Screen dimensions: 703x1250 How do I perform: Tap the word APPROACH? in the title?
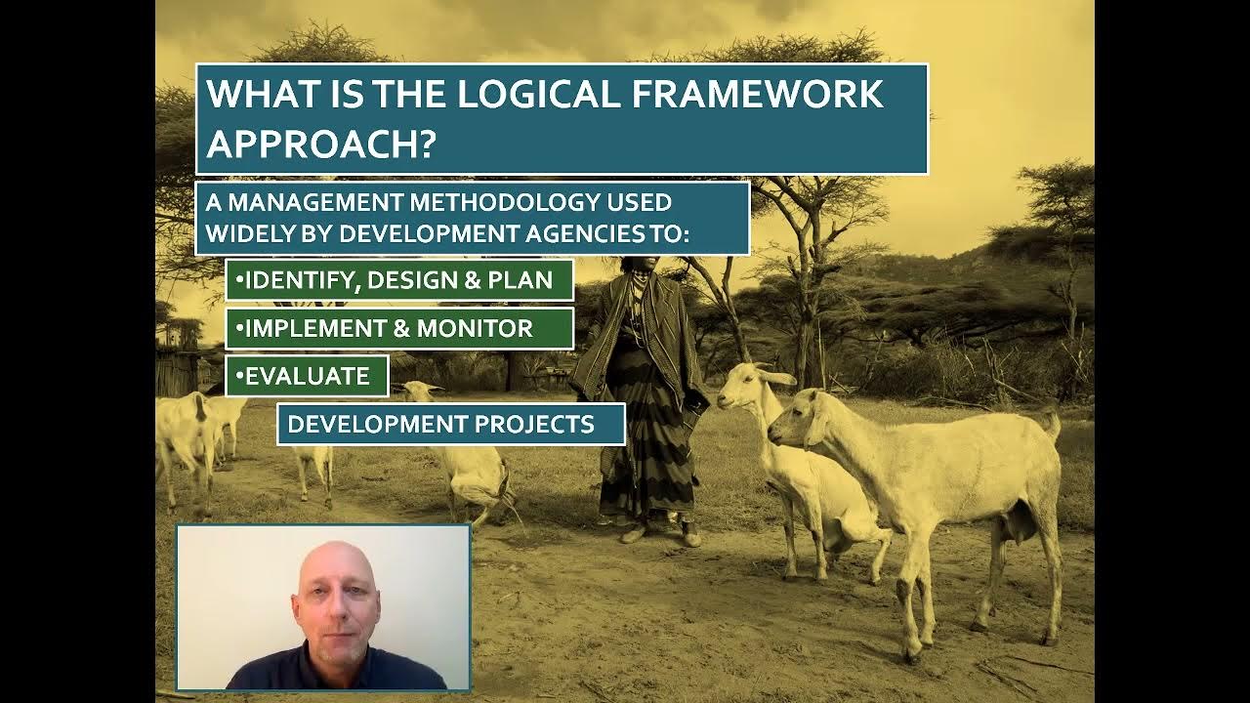pyautogui.click(x=320, y=144)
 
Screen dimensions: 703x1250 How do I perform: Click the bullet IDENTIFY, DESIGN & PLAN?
pyautogui.click(x=399, y=281)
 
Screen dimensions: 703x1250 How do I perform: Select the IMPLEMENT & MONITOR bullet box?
pyautogui.click(x=399, y=329)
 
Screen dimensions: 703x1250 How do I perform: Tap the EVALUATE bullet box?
pyautogui.click(x=307, y=376)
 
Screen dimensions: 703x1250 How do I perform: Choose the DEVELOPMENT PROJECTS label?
pyautogui.click(x=450, y=425)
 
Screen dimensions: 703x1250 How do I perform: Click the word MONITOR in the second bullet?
pyautogui.click(x=476, y=329)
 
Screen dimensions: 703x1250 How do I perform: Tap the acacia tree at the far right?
pyautogui.click(x=1055, y=215)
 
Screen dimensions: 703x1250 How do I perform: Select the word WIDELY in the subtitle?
pyautogui.click(x=248, y=233)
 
